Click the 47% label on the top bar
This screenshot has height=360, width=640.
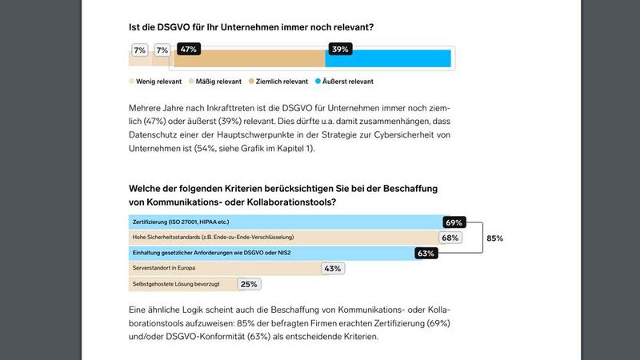click(x=189, y=50)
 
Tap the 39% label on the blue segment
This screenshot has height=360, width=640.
click(x=340, y=50)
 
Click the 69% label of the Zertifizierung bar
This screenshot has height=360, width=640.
click(x=454, y=222)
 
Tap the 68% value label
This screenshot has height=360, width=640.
click(x=450, y=237)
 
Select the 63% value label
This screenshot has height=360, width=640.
click(x=426, y=253)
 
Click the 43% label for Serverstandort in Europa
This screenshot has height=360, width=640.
click(x=332, y=268)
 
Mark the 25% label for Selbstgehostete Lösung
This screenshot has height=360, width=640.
click(x=249, y=283)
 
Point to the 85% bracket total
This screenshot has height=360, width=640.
click(x=494, y=238)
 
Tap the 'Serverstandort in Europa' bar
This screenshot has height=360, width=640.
click(x=224, y=268)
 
